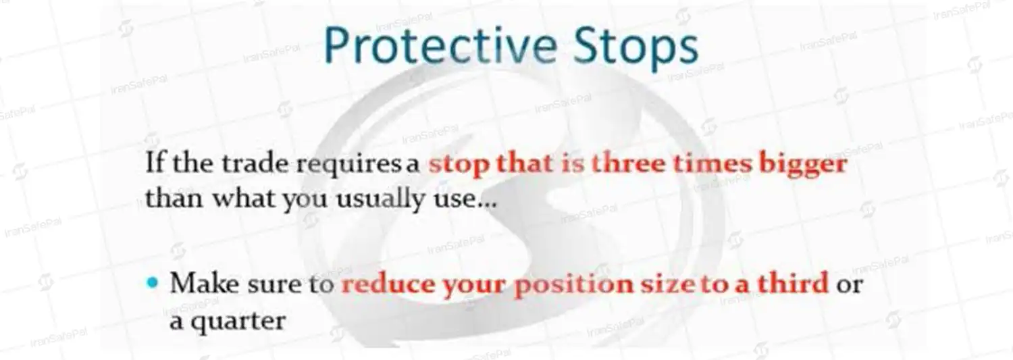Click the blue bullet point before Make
point(153,282)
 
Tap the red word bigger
point(803,165)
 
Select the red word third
point(792,283)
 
